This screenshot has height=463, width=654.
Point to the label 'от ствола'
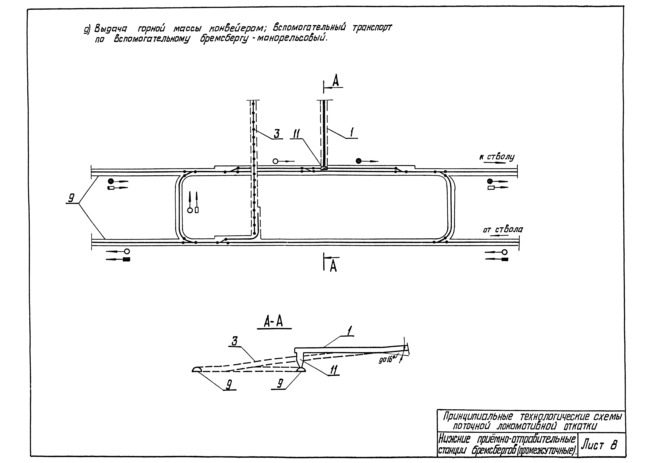(503, 230)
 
